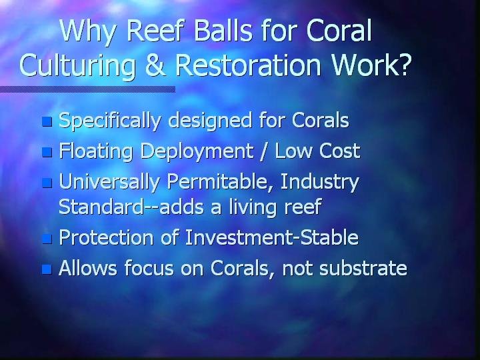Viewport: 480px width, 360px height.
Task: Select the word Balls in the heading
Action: pos(223,30)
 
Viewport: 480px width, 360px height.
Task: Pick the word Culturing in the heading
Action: pos(77,65)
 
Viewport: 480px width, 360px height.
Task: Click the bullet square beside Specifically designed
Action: pos(47,121)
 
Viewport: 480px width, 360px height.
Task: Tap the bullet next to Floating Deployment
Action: pos(47,152)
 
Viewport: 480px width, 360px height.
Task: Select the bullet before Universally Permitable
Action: pos(47,183)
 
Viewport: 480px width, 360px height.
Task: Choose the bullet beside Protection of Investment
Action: pos(47,239)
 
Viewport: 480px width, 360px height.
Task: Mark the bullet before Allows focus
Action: pos(47,269)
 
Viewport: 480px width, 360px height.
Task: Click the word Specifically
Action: pos(109,121)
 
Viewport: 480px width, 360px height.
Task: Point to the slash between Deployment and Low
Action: pos(263,151)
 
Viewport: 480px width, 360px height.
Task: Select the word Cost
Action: pos(339,151)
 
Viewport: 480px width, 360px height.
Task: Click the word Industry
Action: pos(319,183)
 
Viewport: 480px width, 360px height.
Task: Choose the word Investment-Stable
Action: pos(272,237)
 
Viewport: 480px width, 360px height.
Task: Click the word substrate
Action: pos(363,268)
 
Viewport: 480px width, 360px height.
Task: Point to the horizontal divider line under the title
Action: pos(87,89)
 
